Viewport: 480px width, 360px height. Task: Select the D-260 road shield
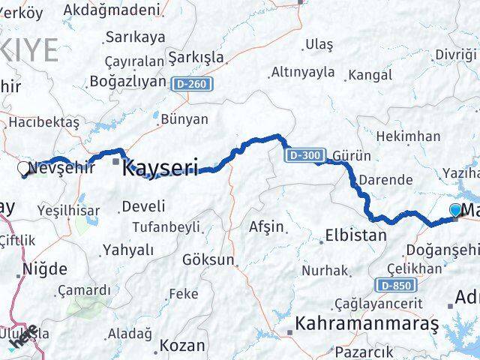[x=191, y=84]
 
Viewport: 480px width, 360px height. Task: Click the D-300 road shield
[x=304, y=155]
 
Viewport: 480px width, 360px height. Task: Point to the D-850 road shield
[x=393, y=285]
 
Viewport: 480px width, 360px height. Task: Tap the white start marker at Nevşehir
[x=24, y=169]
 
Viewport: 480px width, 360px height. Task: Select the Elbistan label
[x=355, y=235]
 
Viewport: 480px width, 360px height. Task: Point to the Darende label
[x=385, y=180]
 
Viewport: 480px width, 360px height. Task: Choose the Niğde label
[x=45, y=268]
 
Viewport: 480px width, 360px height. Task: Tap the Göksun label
[x=208, y=260]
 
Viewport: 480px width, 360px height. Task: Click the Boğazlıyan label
[x=127, y=81]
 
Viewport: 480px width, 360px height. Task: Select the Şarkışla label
[x=196, y=58]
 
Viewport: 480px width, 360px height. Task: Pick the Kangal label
[x=370, y=75]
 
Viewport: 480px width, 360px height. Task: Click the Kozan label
[x=182, y=346]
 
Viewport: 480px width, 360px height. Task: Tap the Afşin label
[x=266, y=226]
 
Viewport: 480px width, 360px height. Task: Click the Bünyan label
[x=184, y=118]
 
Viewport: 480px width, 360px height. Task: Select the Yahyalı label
[x=128, y=250]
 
